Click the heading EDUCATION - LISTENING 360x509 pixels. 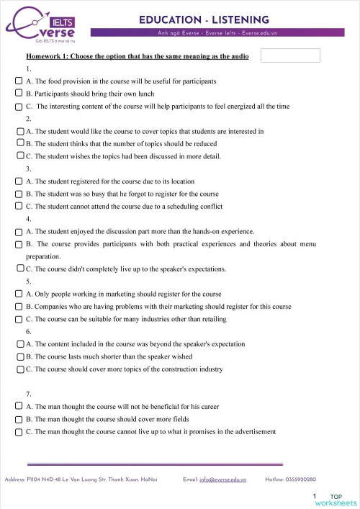coord(204,19)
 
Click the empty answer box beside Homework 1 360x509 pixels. coord(290,55)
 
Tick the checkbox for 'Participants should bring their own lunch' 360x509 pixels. coord(19,94)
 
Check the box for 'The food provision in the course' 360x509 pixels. coord(19,81)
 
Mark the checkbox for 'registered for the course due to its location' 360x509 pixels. coord(19,181)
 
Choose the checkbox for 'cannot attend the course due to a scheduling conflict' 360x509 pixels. coord(19,207)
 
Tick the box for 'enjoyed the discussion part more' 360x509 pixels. coord(19,231)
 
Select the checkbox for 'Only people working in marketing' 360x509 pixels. coord(19,294)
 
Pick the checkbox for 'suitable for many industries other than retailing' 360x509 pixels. coord(19,318)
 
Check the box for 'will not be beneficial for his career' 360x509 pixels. coord(19,406)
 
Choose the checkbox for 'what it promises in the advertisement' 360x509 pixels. coord(19,431)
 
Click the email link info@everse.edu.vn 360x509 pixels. coord(222,479)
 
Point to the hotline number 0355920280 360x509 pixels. coord(300,479)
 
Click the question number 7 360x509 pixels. coord(28,394)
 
